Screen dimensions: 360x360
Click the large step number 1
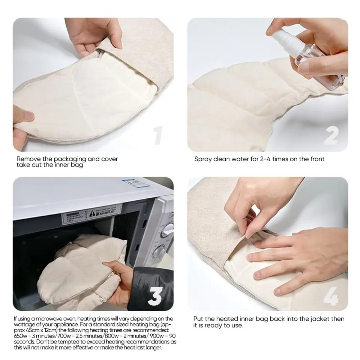click(x=159, y=135)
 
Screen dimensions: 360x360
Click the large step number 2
click(x=331, y=135)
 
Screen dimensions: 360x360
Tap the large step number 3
click(x=155, y=296)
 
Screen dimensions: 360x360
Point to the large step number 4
click(x=331, y=297)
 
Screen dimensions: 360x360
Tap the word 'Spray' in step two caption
click(x=203, y=159)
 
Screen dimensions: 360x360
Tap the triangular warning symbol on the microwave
click(x=92, y=213)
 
